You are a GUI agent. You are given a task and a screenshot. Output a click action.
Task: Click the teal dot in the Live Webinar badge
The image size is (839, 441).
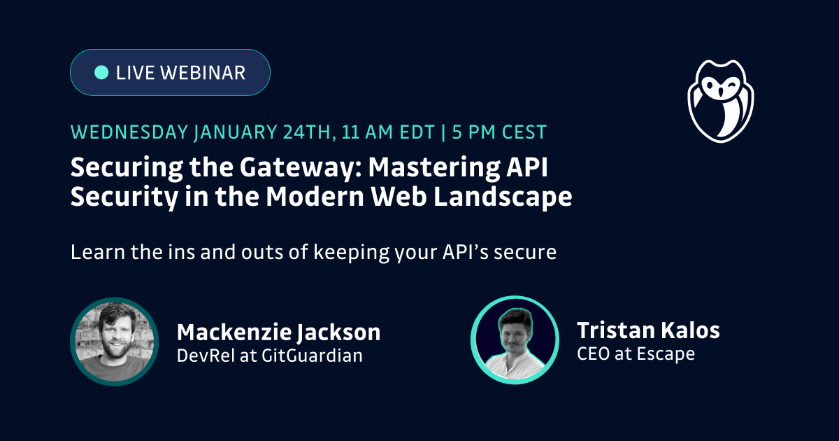point(101,72)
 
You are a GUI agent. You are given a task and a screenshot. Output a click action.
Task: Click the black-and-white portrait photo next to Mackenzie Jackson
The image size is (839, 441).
point(115,342)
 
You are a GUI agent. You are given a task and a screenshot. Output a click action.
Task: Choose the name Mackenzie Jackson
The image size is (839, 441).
point(278,332)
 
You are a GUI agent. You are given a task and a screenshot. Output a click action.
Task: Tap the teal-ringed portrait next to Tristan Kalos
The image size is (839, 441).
point(515,340)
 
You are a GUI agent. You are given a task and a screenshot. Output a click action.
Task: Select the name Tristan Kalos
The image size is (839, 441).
point(648,330)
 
